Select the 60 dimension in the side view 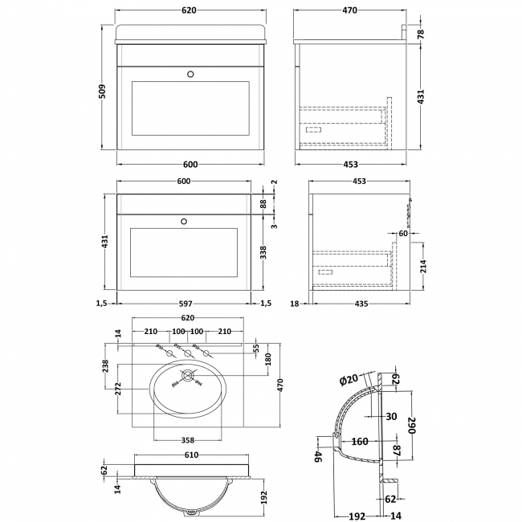tap(402, 233)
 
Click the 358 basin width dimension tap(188, 441)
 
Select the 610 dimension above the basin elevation tap(187, 455)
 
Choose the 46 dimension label tap(318, 458)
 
